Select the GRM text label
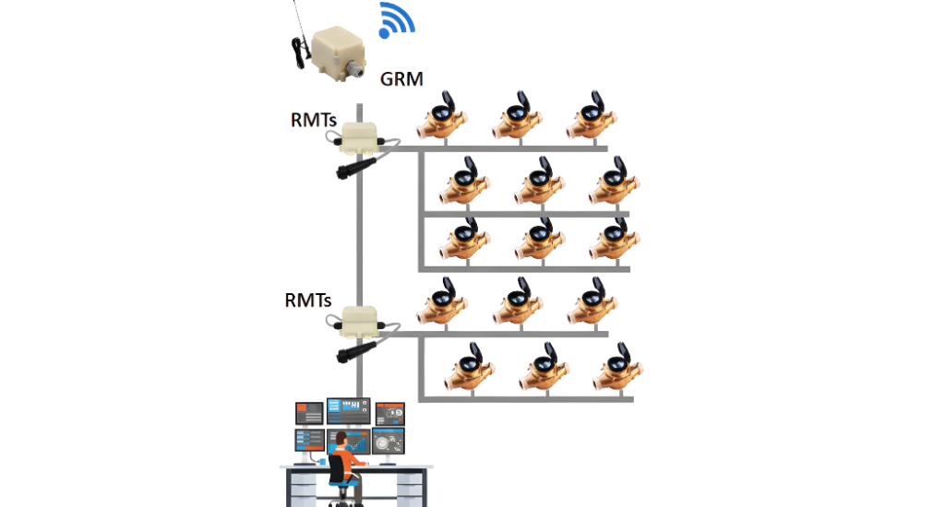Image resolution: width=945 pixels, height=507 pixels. click(x=401, y=79)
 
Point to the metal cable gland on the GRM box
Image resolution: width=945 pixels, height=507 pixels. click(x=354, y=71)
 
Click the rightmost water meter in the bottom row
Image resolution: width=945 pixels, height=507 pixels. click(x=616, y=370)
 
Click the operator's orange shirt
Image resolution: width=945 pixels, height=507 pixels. click(x=344, y=455)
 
